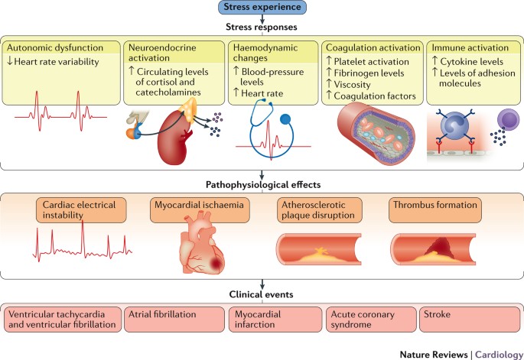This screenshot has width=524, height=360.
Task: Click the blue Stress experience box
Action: [262, 8]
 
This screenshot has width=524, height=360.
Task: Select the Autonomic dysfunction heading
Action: [56, 47]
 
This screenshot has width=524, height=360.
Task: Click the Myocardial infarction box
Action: [274, 319]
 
